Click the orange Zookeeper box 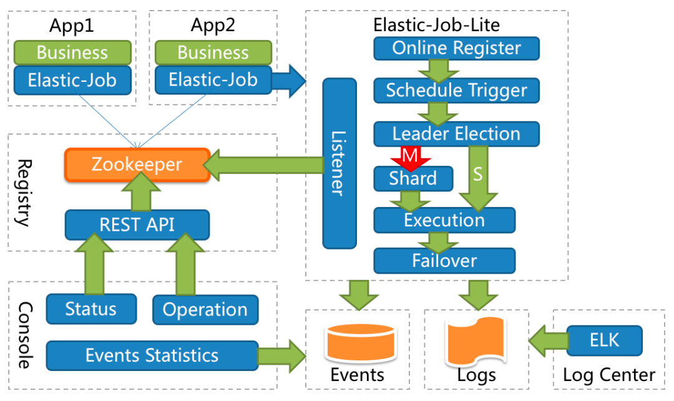(x=137, y=165)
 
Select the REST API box (x=137, y=225)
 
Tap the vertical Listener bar (x=339, y=163)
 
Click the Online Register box (x=456, y=48)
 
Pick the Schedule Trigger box (x=456, y=90)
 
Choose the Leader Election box (x=456, y=133)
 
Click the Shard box (x=413, y=178)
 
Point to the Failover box (x=444, y=260)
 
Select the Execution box (x=444, y=220)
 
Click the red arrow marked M (x=409, y=157)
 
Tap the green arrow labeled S (x=478, y=178)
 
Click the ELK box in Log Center (x=604, y=340)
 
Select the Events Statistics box (x=152, y=355)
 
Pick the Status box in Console (x=91, y=309)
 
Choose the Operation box (x=205, y=309)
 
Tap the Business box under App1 (x=72, y=52)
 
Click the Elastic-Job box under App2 (x=213, y=80)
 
